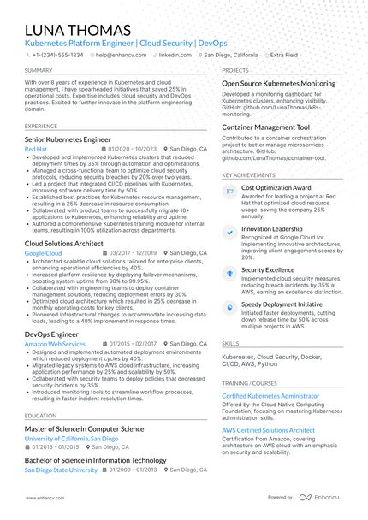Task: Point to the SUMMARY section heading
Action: pyautogui.click(x=39, y=70)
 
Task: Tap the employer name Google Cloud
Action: pyautogui.click(x=43, y=254)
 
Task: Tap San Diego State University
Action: pyautogui.click(x=61, y=470)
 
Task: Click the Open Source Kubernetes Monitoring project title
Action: pyautogui.click(x=278, y=83)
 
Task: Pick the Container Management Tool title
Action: pyautogui.click(x=265, y=127)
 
